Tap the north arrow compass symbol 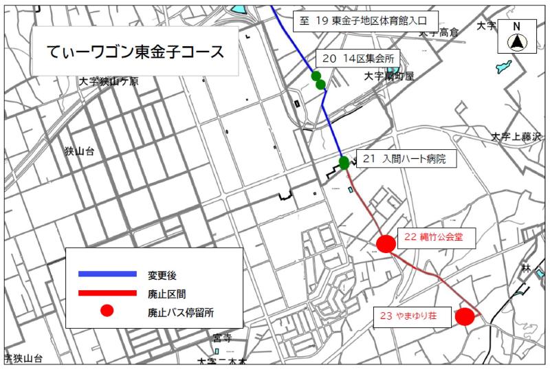[516, 38]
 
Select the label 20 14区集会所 [358, 59]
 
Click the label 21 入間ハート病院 [404, 160]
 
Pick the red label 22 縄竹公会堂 [433, 237]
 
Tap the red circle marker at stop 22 [386, 243]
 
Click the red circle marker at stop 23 [465, 316]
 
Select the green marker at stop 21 [344, 163]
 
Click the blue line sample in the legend [108, 274]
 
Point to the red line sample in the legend [108, 293]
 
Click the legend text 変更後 [162, 275]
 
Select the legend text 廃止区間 [167, 294]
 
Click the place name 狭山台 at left [80, 150]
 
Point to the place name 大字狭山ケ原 [108, 81]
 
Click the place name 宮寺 [222, 338]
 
